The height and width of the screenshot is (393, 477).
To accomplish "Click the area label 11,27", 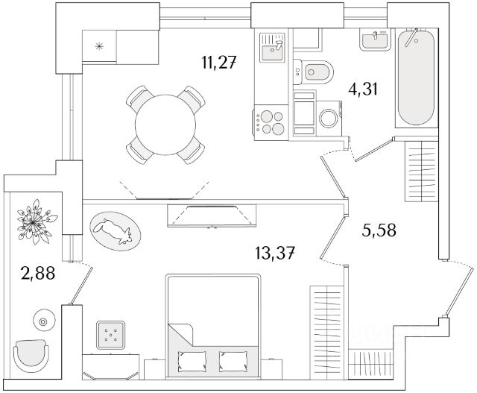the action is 218,63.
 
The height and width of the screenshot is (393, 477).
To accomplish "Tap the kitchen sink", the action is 273,50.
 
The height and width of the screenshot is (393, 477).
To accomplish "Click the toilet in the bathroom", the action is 317,72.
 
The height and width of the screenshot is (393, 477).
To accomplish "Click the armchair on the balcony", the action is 32,355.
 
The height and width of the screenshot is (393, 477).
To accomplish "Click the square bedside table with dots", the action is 112,336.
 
